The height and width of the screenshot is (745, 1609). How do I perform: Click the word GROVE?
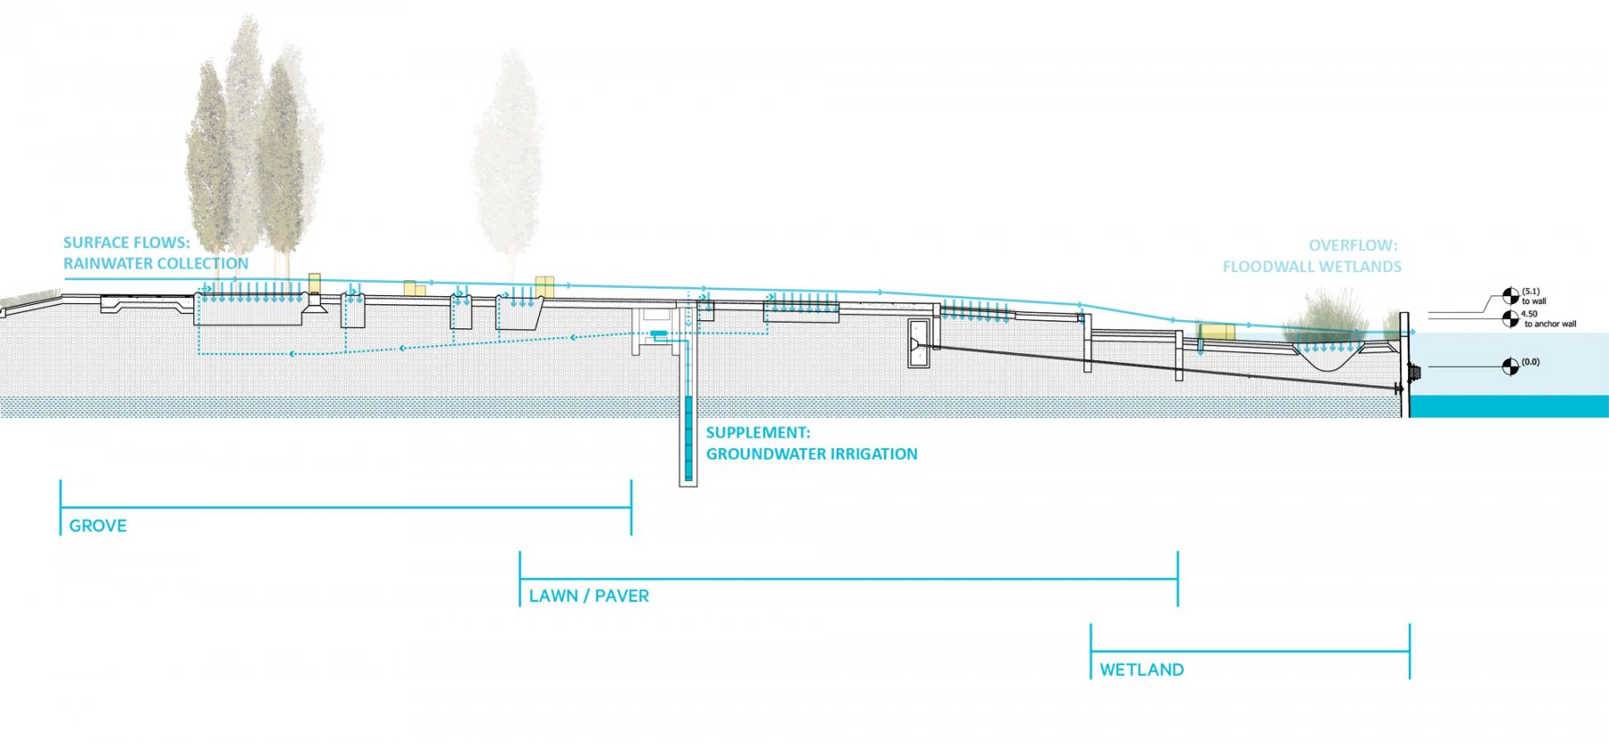pos(97,526)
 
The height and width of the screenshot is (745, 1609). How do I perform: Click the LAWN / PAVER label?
pos(588,596)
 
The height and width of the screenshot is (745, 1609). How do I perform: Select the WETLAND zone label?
pos(1141,670)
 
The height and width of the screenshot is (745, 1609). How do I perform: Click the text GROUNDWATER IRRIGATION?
pos(812,454)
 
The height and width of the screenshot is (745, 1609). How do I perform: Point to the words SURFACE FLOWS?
pos(126,242)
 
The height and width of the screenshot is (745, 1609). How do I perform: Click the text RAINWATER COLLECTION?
pos(156,264)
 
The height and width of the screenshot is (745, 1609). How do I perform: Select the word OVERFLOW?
pos(1352,245)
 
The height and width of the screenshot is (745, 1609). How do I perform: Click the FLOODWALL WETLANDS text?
pos(1311,267)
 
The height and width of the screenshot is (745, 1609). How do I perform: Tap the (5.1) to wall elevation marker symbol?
pos(1510,295)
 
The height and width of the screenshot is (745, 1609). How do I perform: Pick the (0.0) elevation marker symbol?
pos(1510,366)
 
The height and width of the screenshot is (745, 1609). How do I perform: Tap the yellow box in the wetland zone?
pos(1217,332)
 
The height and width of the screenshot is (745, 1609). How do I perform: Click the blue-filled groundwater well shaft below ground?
pos(688,438)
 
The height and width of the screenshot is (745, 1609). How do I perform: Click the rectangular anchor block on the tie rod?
pos(919,343)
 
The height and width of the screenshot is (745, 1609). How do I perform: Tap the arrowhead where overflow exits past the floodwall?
pos(1413,332)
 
